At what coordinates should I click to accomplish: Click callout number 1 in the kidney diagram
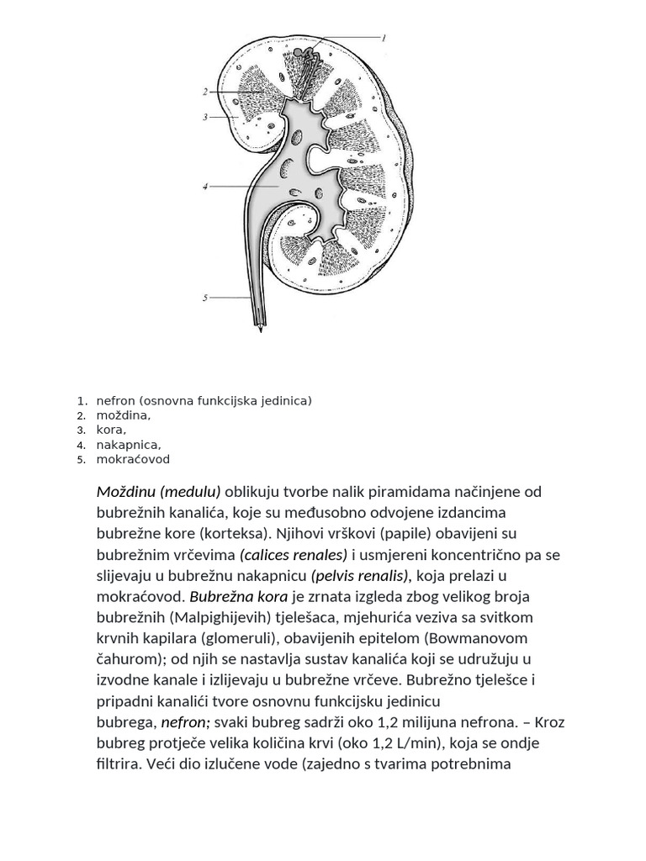[384, 38]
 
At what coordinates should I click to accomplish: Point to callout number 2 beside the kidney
[205, 91]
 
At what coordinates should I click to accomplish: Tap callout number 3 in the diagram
[205, 118]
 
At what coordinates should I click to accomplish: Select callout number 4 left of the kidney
[205, 187]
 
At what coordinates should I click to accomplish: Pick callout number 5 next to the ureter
[205, 297]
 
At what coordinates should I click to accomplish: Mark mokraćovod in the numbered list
[133, 459]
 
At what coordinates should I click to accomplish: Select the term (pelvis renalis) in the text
[359, 576]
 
